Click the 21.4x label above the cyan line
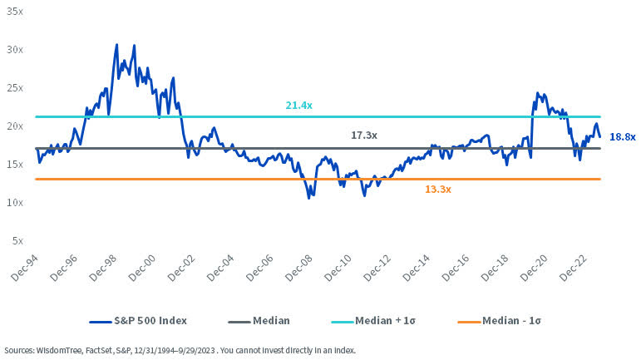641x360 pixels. (298, 106)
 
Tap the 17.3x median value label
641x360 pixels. (364, 135)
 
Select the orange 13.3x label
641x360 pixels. (438, 190)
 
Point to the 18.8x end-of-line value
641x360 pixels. (623, 137)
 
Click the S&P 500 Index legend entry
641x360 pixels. (139, 320)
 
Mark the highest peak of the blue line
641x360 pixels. (116, 45)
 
